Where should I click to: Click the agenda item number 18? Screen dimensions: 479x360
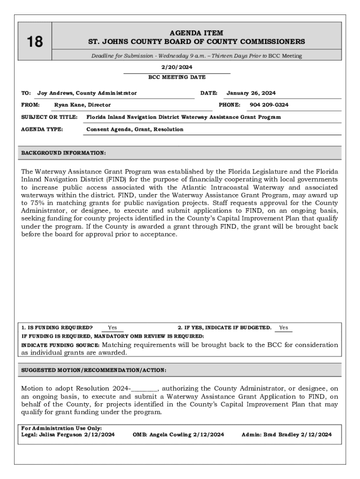[35, 42]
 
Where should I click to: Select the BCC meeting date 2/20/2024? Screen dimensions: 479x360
[177, 67]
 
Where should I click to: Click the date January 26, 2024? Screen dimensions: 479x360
[251, 93]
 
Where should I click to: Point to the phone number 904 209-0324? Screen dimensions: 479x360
[269, 105]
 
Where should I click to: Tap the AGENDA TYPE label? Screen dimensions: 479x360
[42, 129]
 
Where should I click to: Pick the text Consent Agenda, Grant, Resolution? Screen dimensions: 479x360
[135, 129]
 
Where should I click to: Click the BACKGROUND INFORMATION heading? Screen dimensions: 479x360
[64, 153]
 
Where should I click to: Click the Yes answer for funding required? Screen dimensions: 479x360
[112, 327]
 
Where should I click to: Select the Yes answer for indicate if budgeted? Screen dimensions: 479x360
[283, 327]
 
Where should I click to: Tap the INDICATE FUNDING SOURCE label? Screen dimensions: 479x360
[60, 345]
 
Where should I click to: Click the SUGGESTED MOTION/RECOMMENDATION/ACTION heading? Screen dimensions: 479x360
[94, 370]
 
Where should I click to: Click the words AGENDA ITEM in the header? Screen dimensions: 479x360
[196, 33]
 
